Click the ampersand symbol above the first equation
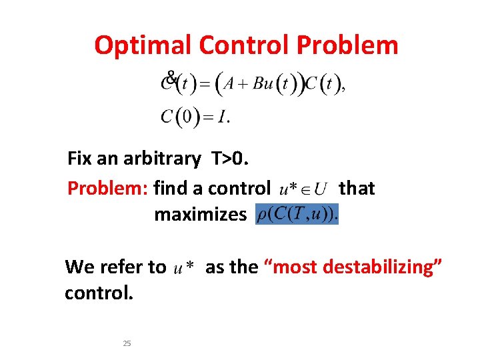point(171,77)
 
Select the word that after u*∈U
point(357,189)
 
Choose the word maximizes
point(200,215)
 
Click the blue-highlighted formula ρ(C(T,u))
point(297,214)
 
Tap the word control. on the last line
point(99,293)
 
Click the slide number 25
point(127,343)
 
